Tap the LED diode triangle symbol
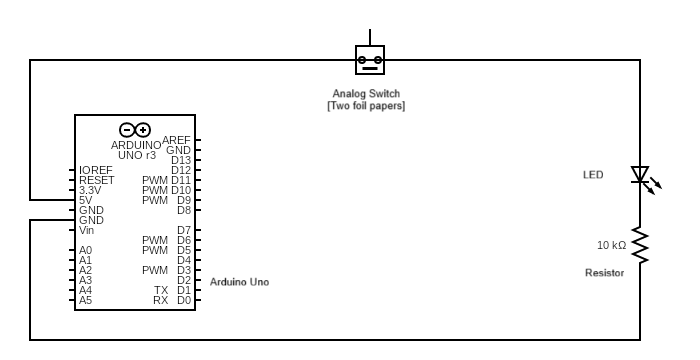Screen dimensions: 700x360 [x=640, y=175]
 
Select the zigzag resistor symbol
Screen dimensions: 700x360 [x=640, y=246]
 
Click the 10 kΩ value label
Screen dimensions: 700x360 [x=612, y=245]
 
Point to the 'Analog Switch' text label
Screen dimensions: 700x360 [x=366, y=94]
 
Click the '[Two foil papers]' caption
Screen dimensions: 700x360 [x=366, y=106]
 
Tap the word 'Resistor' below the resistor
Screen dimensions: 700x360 [x=604, y=273]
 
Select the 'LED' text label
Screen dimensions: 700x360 [x=593, y=175]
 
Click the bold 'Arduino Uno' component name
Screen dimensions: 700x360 [x=239, y=282]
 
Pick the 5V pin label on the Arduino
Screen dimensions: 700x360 [x=85, y=200]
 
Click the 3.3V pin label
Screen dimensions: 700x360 [x=90, y=190]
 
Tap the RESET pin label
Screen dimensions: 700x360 [x=97, y=180]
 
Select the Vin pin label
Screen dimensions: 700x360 [x=87, y=230]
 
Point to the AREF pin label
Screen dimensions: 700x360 [x=176, y=140]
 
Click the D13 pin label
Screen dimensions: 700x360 [x=181, y=160]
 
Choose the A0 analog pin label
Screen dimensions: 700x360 [x=85, y=250]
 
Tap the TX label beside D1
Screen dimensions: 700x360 [x=161, y=290]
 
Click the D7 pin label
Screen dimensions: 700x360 [x=184, y=230]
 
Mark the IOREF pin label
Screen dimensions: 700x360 [x=96, y=170]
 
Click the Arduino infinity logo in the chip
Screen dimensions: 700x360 [x=135, y=130]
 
